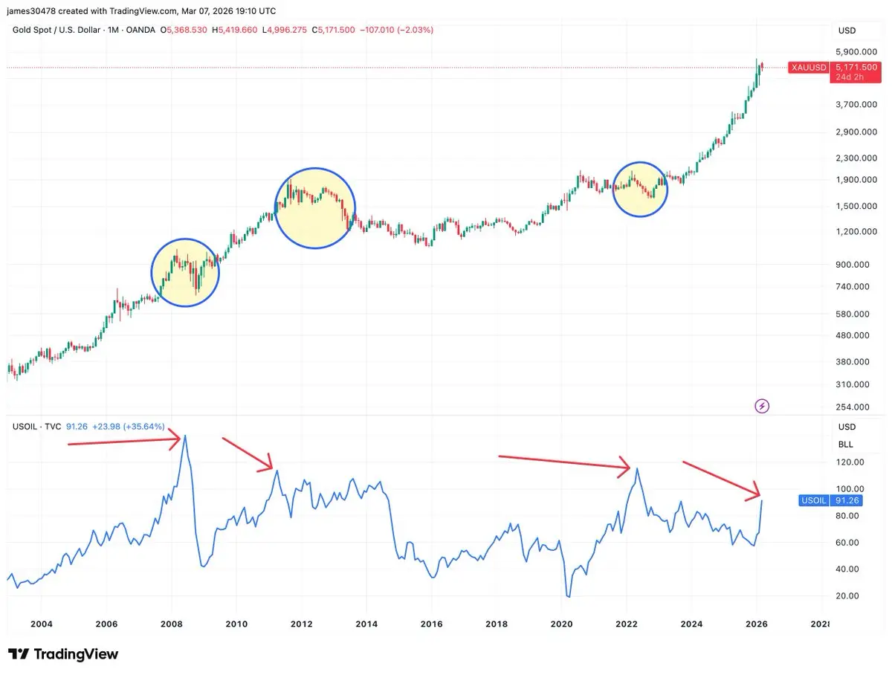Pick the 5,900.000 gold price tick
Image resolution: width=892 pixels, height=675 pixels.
856,52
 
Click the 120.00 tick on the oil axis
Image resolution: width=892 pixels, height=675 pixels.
850,462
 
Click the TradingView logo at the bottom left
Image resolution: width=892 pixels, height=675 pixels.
64,654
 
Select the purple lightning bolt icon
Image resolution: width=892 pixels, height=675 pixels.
762,406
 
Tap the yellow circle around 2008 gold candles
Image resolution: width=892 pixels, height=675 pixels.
185,273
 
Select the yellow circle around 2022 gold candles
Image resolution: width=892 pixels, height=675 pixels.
640,189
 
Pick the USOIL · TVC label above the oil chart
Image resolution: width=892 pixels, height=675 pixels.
36,426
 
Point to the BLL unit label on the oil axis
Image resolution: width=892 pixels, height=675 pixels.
846,445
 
